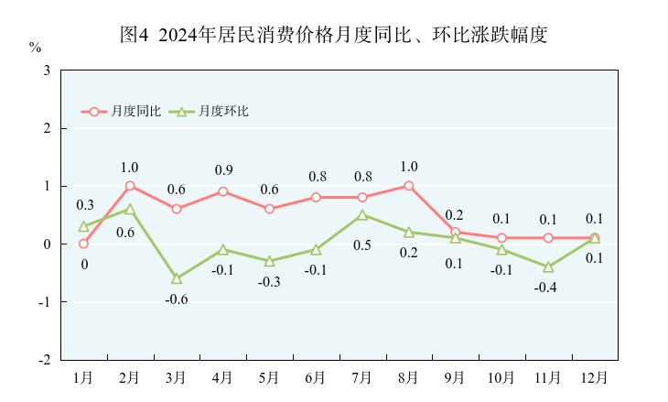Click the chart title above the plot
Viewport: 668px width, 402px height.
(334, 36)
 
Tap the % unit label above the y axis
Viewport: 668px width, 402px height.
(35, 47)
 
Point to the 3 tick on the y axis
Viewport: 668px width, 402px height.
(46, 71)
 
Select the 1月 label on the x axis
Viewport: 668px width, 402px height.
(83, 376)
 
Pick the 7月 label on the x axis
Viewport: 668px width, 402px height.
(362, 376)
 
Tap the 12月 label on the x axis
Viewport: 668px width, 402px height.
(595, 376)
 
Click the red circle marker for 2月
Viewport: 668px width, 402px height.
(130, 186)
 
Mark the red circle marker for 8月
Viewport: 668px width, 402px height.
(409, 186)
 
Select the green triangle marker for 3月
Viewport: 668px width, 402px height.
(177, 278)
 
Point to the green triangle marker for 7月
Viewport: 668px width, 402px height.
(362, 215)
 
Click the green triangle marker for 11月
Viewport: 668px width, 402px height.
(548, 266)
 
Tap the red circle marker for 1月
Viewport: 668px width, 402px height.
(83, 244)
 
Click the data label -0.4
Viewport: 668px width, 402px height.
(548, 288)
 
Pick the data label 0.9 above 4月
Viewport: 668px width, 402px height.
(223, 170)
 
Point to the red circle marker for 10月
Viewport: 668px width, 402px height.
(501, 238)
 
